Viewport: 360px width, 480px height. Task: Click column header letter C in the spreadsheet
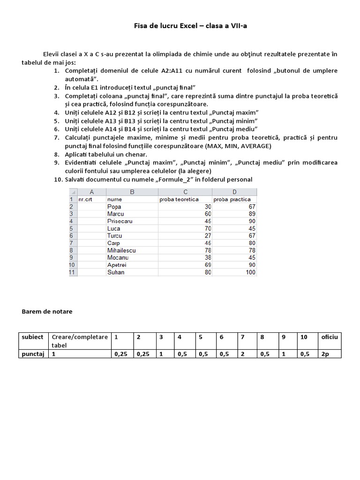[x=185, y=192]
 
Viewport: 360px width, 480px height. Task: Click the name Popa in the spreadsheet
[x=114, y=207]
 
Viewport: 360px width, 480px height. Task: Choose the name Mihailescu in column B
[x=121, y=250]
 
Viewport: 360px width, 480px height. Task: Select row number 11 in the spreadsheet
[x=73, y=272]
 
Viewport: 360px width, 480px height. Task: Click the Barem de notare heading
[x=47, y=311]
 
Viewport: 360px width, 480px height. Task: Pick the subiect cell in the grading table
[x=32, y=337]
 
